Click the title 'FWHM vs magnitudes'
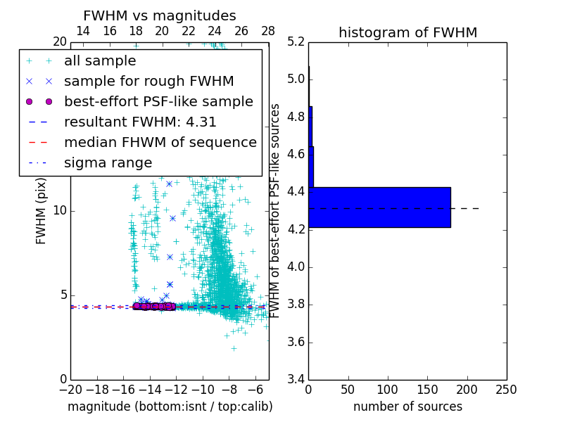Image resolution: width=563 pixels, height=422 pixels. click(x=160, y=16)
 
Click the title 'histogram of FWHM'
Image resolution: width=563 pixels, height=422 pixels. click(x=407, y=32)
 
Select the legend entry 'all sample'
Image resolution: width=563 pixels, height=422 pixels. click(x=100, y=61)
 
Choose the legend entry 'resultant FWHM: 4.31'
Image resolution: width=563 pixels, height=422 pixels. click(x=140, y=122)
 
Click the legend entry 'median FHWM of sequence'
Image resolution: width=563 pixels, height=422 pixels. click(x=160, y=142)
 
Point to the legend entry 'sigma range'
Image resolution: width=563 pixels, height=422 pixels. click(x=108, y=162)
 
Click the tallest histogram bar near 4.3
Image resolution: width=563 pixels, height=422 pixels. click(x=379, y=207)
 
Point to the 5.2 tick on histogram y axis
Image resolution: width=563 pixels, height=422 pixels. click(x=296, y=41)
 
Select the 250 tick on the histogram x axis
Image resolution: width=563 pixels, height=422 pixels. click(x=506, y=390)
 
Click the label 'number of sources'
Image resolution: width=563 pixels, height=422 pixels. click(x=407, y=407)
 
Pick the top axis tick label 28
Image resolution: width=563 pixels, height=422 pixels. click(x=268, y=31)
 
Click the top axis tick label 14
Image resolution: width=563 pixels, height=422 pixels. click(x=82, y=31)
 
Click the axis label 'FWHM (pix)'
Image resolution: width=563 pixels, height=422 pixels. click(x=42, y=211)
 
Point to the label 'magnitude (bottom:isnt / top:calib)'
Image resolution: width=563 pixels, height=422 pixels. click(x=170, y=407)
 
